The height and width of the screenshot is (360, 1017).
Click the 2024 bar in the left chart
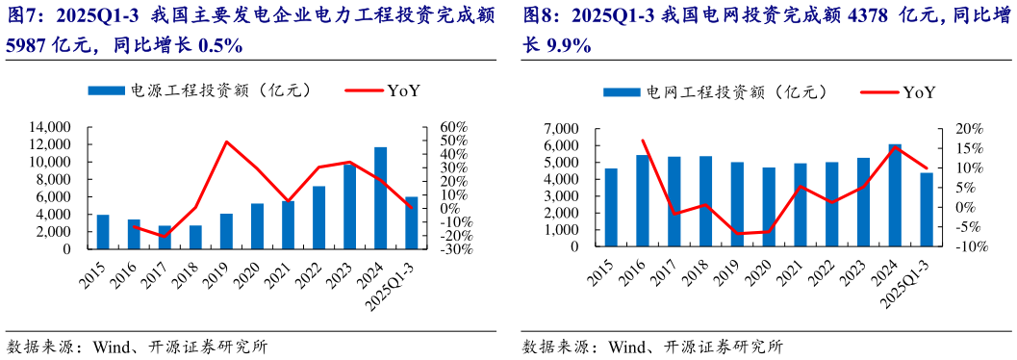381,198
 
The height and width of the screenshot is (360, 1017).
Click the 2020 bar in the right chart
769,207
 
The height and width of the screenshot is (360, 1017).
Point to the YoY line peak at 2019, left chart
226,142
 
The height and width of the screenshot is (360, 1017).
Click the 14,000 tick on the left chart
51,127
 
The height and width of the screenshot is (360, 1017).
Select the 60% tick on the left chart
452,127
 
